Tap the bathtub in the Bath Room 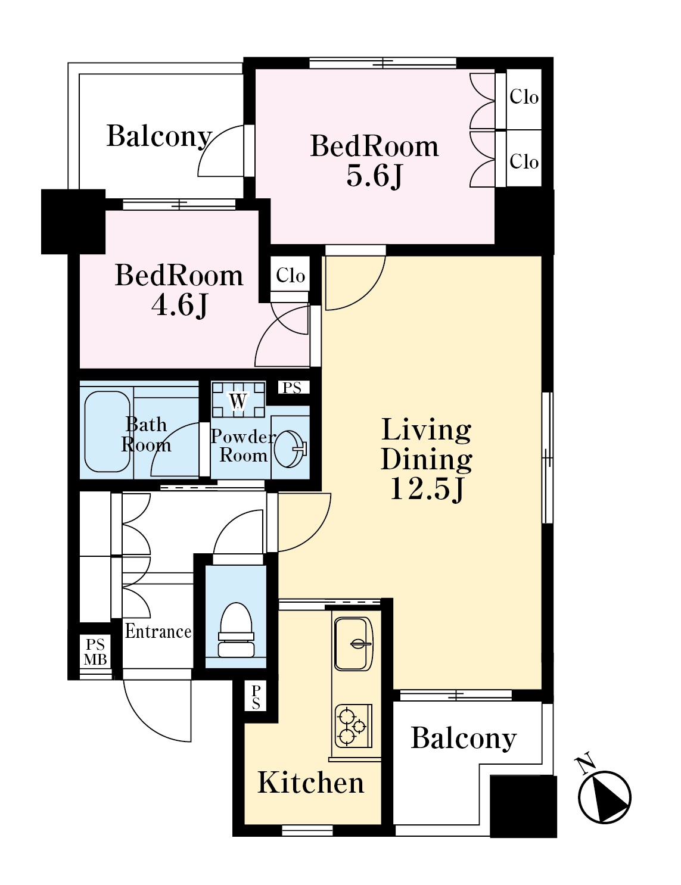[107, 431]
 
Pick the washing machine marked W [238, 400]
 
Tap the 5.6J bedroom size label [374, 177]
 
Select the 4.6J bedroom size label [179, 306]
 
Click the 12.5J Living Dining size [427, 489]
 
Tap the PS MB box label [95, 652]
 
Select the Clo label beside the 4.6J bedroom [290, 276]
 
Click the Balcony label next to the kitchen [464, 738]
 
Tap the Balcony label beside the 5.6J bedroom [159, 136]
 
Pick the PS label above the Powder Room [292, 387]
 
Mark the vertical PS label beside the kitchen [256, 697]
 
